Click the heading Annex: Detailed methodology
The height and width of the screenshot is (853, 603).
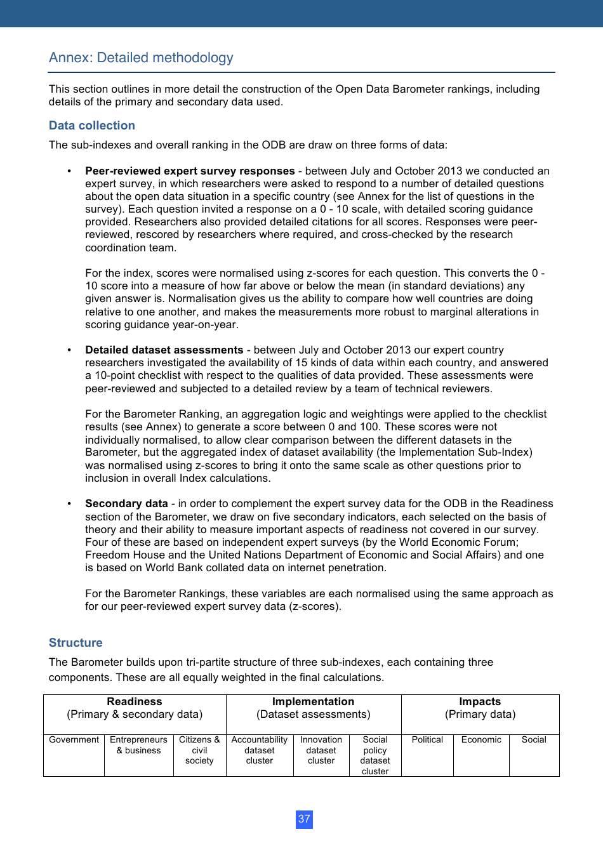[141, 58]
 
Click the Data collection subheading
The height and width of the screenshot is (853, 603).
[92, 126]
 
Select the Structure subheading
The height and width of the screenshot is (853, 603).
[76, 643]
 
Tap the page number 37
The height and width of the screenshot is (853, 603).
[304, 819]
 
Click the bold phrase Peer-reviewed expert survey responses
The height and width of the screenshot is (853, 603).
[190, 171]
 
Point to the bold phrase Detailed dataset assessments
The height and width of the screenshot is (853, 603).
[164, 350]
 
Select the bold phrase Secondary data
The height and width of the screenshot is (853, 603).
[126, 504]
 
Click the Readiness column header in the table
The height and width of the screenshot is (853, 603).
[135, 702]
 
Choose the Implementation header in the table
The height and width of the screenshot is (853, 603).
[313, 702]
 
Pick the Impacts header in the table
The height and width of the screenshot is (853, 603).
[480, 702]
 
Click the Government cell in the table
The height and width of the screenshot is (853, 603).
[74, 740]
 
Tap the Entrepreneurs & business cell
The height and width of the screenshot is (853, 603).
[138, 745]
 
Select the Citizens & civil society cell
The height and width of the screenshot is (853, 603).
[199, 750]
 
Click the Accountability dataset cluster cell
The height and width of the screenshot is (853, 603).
[259, 750]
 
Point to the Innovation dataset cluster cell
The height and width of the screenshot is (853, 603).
[321, 750]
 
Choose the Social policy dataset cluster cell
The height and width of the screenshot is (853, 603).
[375, 755]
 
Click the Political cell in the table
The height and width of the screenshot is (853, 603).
[427, 740]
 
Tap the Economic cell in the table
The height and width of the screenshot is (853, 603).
[481, 740]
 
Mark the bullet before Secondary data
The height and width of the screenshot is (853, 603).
[69, 504]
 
